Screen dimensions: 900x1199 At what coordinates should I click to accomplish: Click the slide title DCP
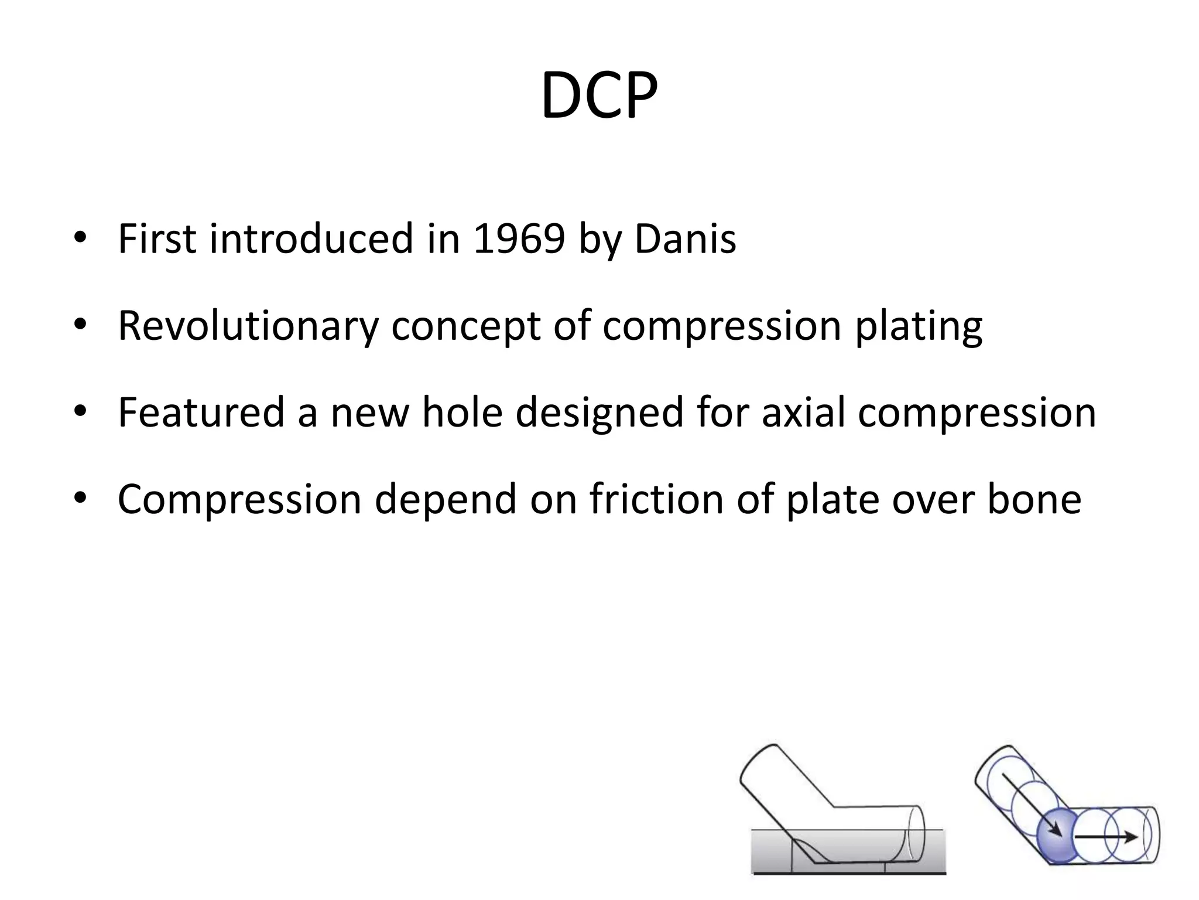click(599, 96)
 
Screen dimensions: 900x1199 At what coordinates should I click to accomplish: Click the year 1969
click(518, 239)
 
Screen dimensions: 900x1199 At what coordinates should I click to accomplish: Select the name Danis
click(685, 239)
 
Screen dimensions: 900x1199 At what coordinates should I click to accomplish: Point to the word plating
click(918, 327)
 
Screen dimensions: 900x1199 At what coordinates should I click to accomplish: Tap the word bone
click(1034, 499)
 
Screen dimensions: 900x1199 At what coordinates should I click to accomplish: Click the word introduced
click(311, 239)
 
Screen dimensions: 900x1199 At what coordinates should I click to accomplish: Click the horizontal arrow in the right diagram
click(1106, 837)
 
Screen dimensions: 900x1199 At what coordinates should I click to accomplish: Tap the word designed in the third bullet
click(599, 413)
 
